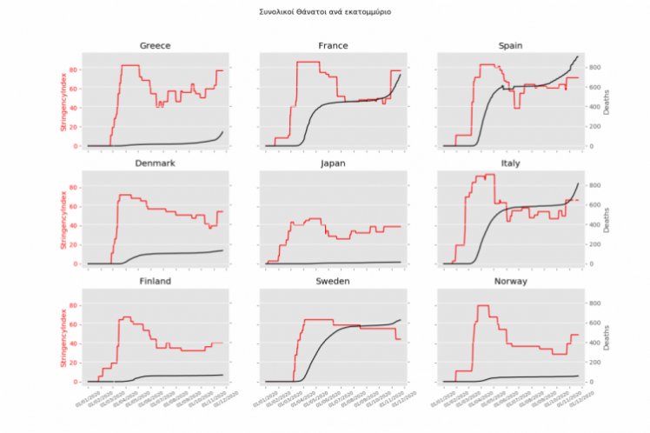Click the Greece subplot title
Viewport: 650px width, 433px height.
pos(155,45)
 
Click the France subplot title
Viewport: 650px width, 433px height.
pos(334,45)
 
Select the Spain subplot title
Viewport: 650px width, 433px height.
pos(511,45)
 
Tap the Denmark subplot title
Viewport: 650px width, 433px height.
pos(155,163)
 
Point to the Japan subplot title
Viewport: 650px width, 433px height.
pos(334,163)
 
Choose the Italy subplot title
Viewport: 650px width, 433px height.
pos(511,163)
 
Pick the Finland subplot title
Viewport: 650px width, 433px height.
pos(155,282)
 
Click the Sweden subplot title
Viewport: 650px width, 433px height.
pos(334,282)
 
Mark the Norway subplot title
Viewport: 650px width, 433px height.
pos(511,282)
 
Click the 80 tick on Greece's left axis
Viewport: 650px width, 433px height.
pos(76,70)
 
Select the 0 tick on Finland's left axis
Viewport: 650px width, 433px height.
pos(78,382)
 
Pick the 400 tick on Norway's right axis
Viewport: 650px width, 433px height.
pos(594,343)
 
